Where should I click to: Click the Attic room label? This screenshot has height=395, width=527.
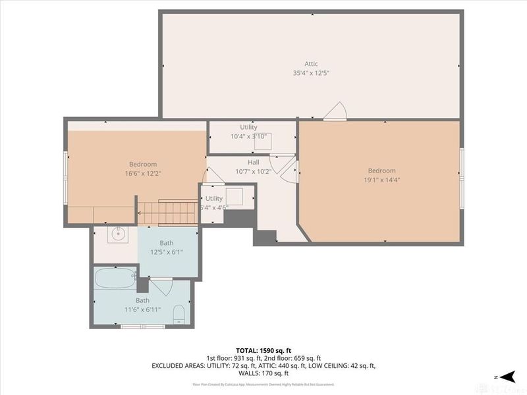[x=311, y=64]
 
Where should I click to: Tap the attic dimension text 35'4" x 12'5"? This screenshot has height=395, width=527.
[x=311, y=73]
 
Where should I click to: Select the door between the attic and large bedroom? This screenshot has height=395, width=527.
[x=335, y=111]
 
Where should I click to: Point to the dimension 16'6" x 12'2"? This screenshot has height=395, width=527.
[x=143, y=173]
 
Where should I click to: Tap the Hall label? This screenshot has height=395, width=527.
[x=253, y=162]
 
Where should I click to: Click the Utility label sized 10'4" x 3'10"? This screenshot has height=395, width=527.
[x=248, y=127]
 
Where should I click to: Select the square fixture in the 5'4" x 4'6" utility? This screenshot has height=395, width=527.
[x=234, y=197]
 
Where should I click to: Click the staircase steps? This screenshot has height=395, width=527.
[x=168, y=213]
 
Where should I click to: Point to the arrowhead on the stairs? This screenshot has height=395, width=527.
[x=140, y=213]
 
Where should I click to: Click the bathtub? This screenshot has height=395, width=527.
[x=115, y=278]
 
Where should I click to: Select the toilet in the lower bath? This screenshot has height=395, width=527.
[x=179, y=314]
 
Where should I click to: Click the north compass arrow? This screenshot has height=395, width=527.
[x=507, y=376]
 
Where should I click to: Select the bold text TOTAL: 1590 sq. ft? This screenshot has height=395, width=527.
[x=263, y=350]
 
